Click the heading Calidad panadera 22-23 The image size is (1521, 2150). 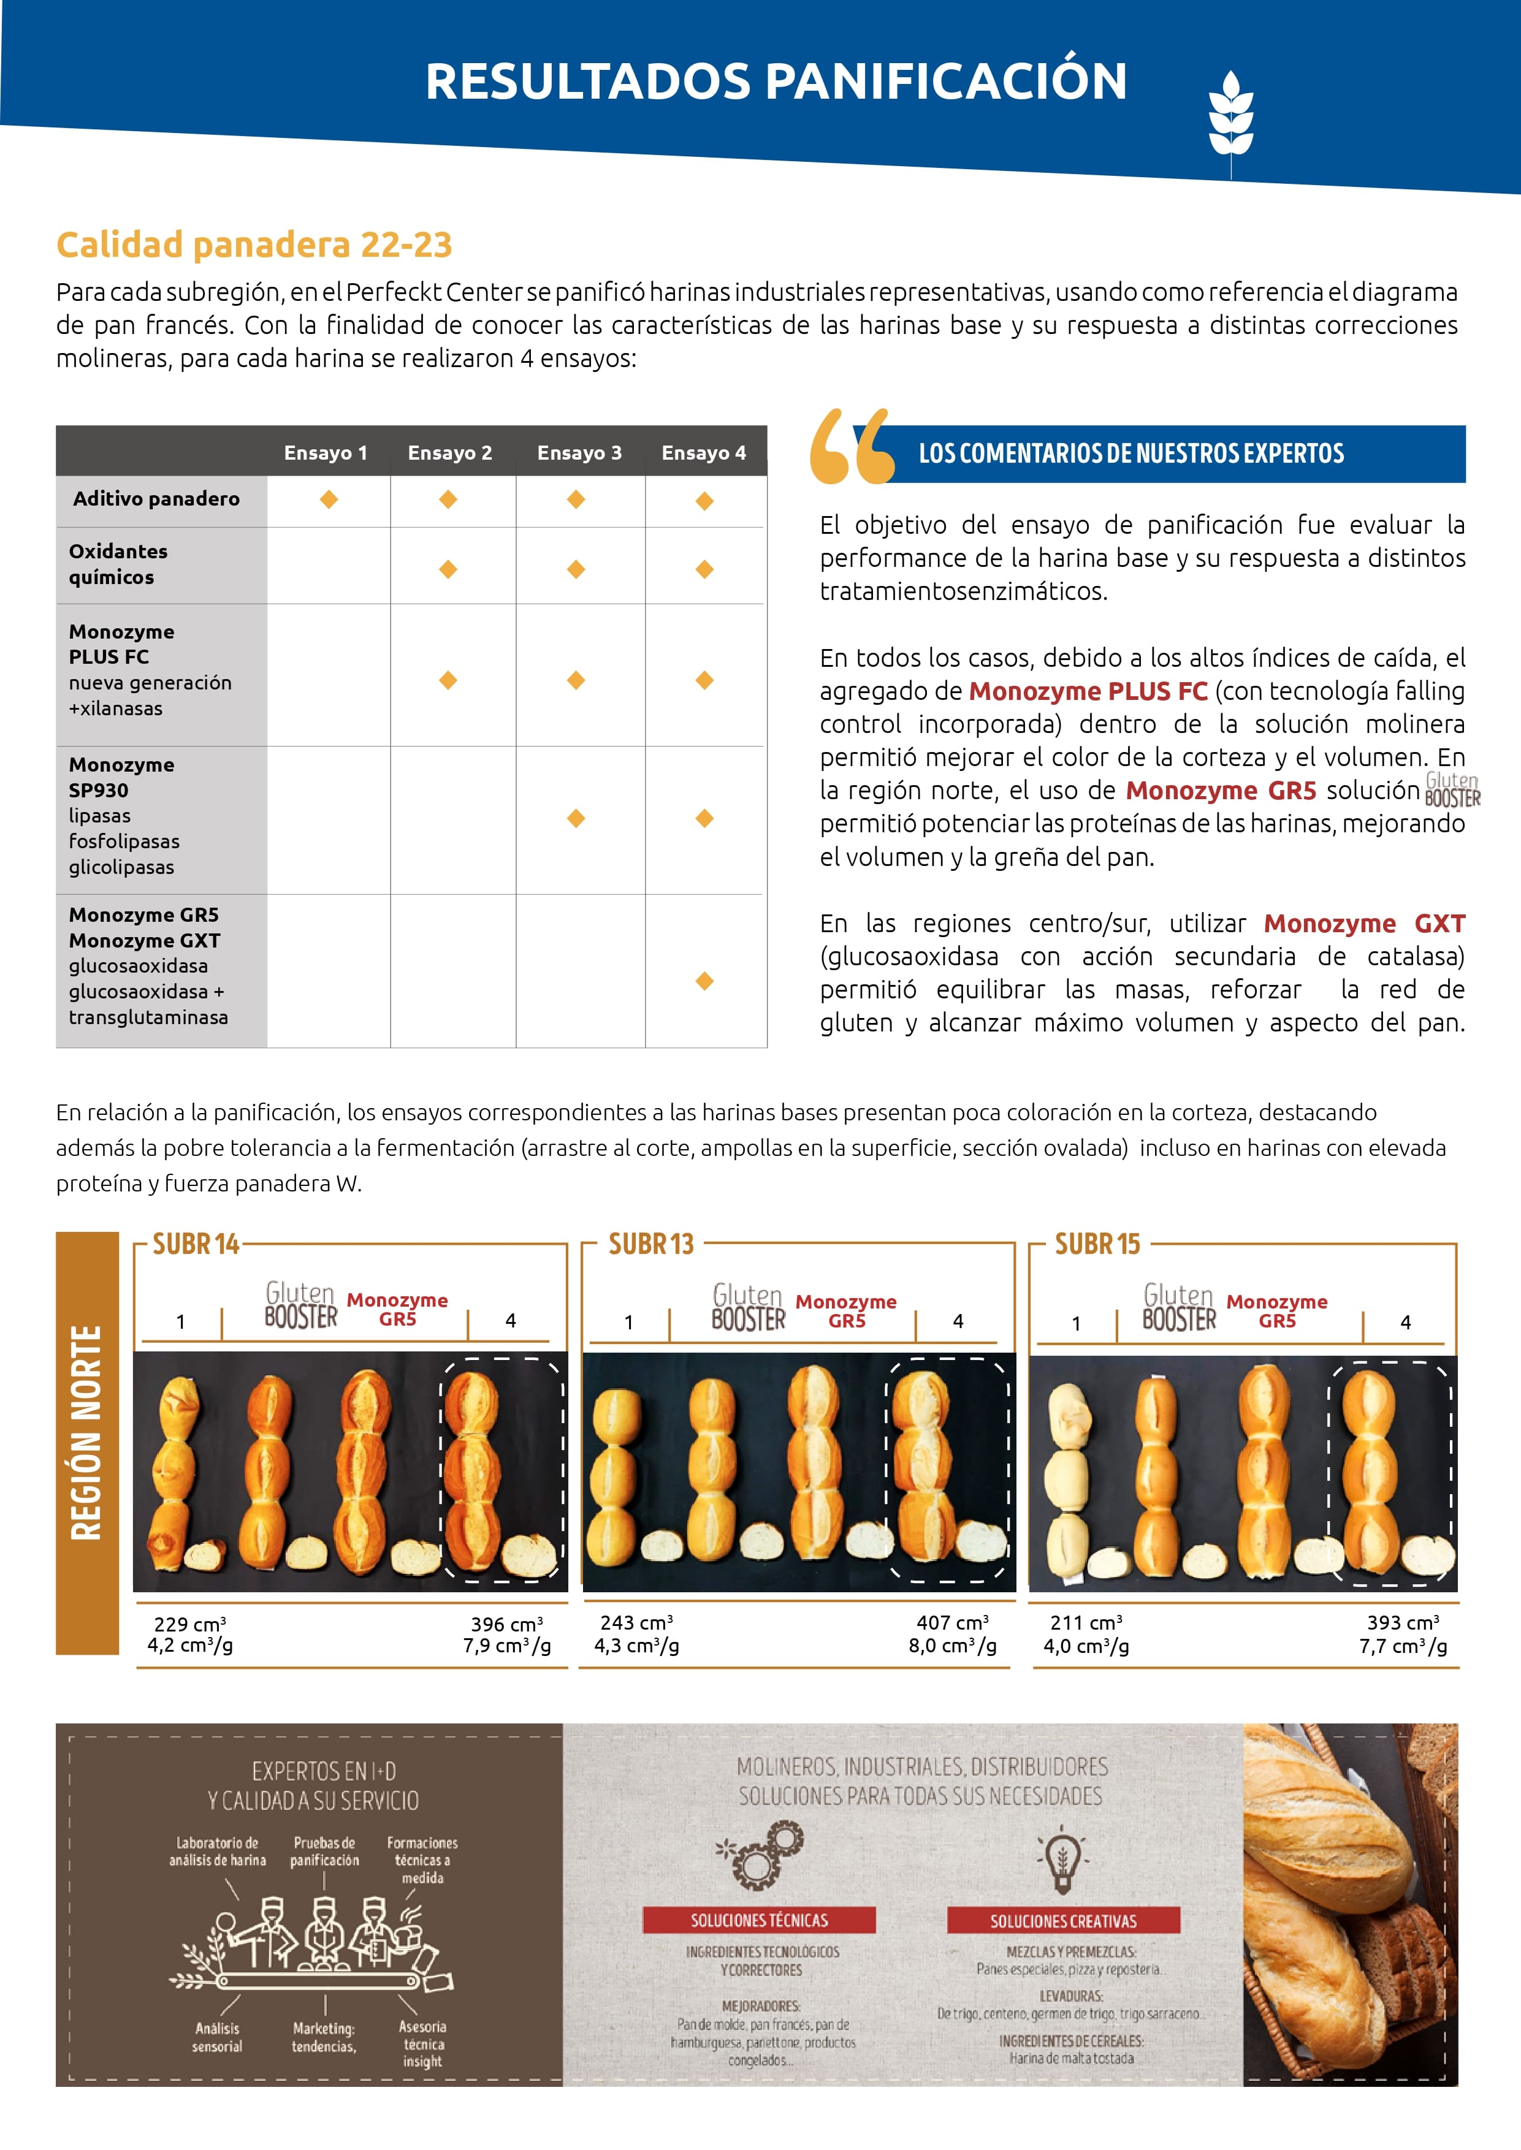tap(254, 245)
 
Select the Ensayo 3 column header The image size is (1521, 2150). tap(579, 453)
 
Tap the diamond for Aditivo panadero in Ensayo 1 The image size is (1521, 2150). tap(329, 500)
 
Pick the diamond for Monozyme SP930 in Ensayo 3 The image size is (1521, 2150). tap(576, 818)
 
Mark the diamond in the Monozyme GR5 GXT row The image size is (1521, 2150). tap(704, 981)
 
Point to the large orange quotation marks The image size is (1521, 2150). tap(850, 447)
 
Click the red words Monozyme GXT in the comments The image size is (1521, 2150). tap(1363, 923)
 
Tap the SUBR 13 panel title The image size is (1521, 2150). tap(651, 1245)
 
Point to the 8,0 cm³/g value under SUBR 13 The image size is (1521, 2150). tap(951, 1646)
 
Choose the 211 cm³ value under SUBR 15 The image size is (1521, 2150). tap(1086, 1623)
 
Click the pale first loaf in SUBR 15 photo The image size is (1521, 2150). tap(1069, 1480)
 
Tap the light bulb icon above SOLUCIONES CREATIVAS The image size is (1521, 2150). tap(1062, 1859)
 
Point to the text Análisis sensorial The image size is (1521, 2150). tap(217, 2038)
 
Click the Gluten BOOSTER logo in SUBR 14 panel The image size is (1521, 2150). tap(300, 1305)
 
